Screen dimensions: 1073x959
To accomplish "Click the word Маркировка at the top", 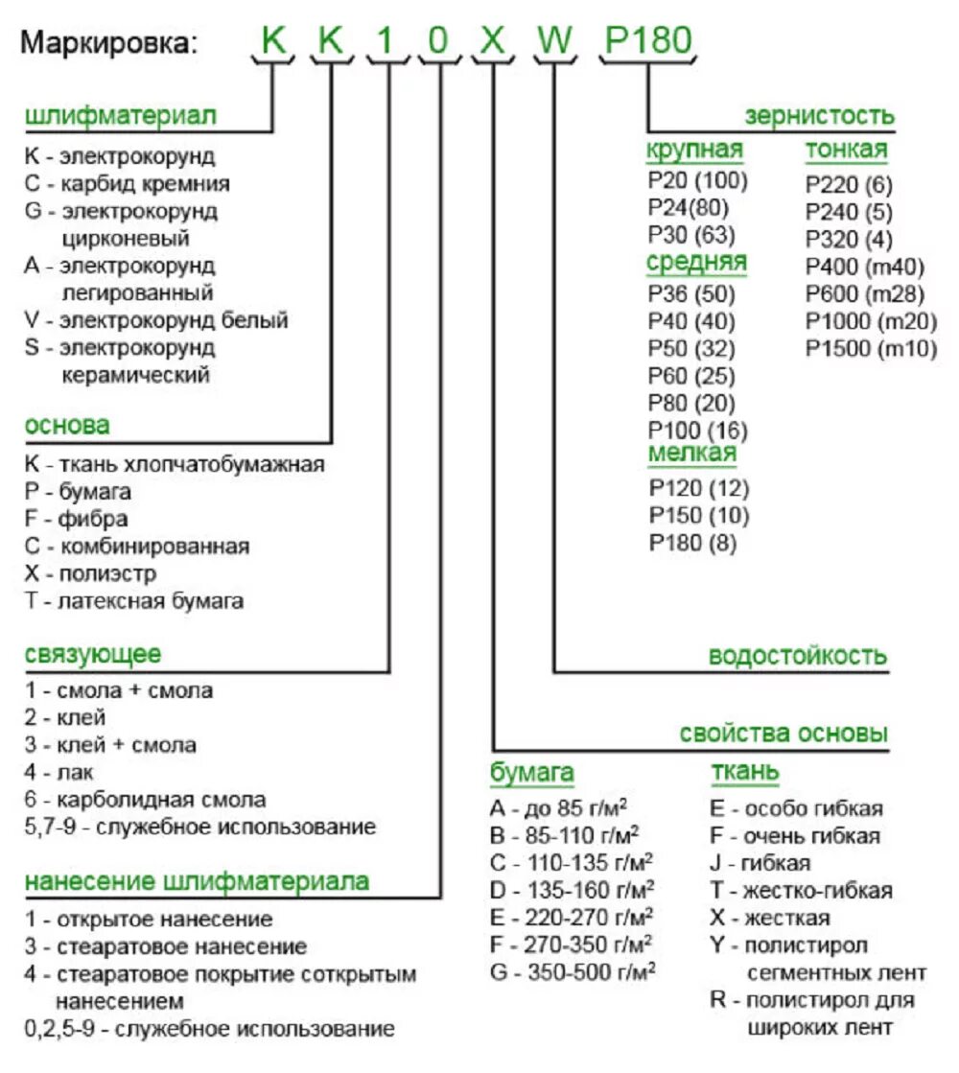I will pyautogui.click(x=111, y=43).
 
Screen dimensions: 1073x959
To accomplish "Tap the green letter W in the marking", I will pyautogui.click(x=553, y=41).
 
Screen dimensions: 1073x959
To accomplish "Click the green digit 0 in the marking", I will pyautogui.click(x=438, y=41).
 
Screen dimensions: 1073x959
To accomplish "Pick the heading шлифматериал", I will pyautogui.click(x=121, y=116).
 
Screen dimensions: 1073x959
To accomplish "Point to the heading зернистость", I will pyautogui.click(x=819, y=117).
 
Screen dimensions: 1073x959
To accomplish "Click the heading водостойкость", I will pyautogui.click(x=798, y=657).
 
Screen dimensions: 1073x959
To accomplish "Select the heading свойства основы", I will pyautogui.click(x=784, y=735).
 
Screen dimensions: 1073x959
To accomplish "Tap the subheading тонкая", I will pyautogui.click(x=846, y=150).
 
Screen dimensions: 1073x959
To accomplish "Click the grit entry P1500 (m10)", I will pyautogui.click(x=870, y=349).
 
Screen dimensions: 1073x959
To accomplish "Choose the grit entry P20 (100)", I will pyautogui.click(x=697, y=179).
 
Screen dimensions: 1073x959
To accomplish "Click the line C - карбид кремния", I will pyautogui.click(x=128, y=183).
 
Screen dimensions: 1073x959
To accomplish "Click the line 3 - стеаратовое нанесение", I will pyautogui.click(x=166, y=946).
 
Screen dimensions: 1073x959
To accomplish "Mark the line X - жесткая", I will pyautogui.click(x=770, y=918).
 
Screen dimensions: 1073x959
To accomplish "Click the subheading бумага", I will pyautogui.click(x=532, y=772).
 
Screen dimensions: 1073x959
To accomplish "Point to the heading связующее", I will pyautogui.click(x=93, y=655).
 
